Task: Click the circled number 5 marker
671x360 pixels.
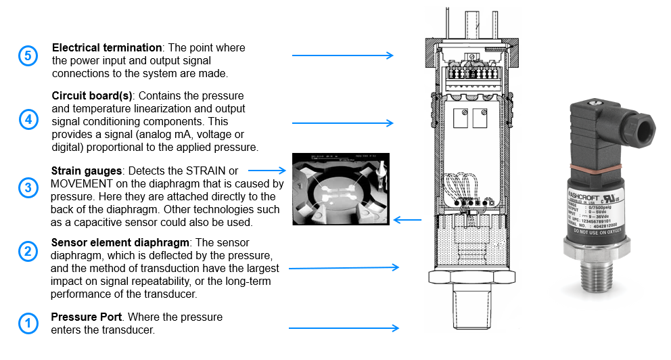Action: (x=27, y=55)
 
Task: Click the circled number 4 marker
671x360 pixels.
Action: (x=27, y=120)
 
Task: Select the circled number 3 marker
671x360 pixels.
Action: (x=27, y=187)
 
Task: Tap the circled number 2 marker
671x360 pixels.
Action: (x=27, y=252)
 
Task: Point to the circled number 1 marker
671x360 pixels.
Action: (x=27, y=323)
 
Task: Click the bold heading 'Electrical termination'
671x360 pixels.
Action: (x=107, y=48)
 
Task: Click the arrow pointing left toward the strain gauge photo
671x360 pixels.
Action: (x=407, y=219)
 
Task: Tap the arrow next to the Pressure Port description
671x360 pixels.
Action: (x=344, y=328)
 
